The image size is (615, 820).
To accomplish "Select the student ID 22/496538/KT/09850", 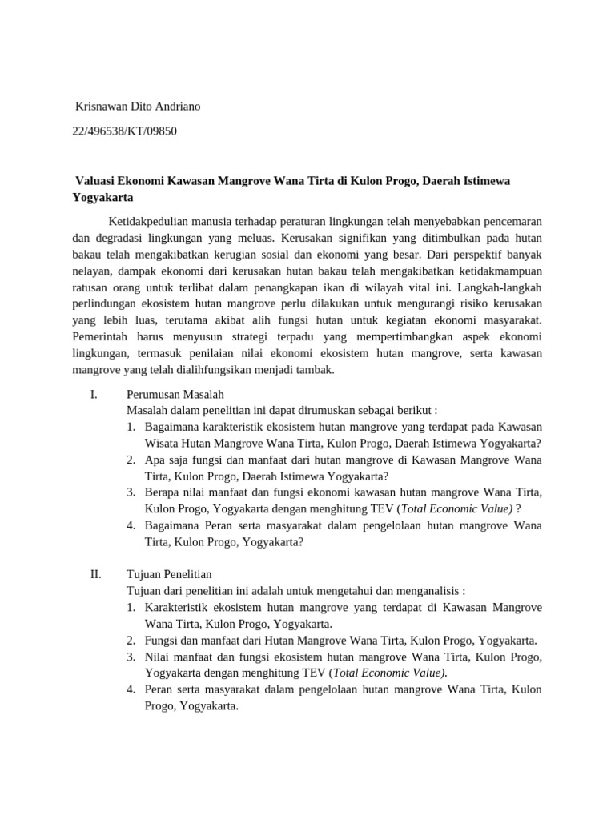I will click(124, 131).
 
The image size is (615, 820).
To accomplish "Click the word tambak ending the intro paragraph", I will click(315, 370).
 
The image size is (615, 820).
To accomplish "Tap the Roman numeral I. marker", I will click(94, 394).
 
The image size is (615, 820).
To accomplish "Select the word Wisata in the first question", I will click(163, 443).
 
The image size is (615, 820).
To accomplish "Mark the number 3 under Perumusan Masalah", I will click(130, 492).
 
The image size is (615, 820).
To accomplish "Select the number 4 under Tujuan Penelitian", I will click(130, 689).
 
